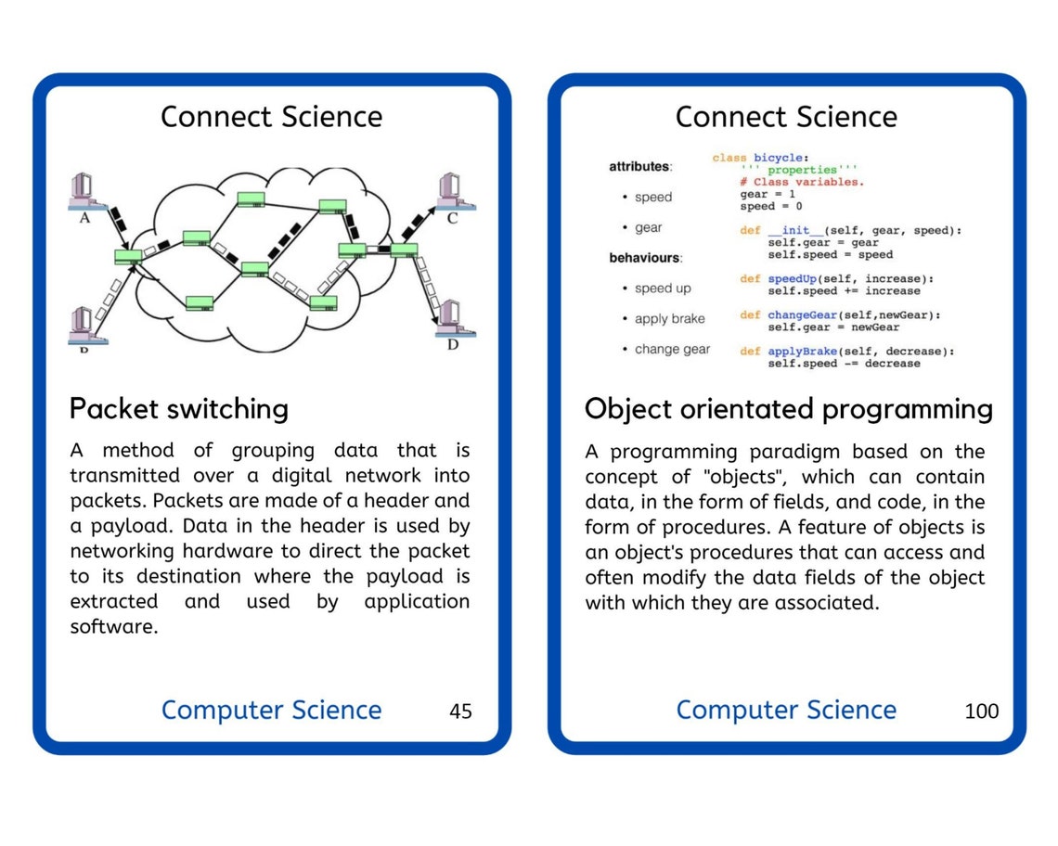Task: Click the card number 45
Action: pyautogui.click(x=460, y=711)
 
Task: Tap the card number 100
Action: pyautogui.click(x=982, y=711)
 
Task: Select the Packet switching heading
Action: pyautogui.click(x=179, y=409)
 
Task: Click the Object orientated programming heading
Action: pyautogui.click(x=788, y=409)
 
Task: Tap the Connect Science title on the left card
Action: pyautogui.click(x=271, y=117)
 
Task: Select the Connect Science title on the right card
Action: pyautogui.click(x=786, y=117)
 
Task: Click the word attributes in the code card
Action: pyautogui.click(x=639, y=167)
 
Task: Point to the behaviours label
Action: pyautogui.click(x=645, y=257)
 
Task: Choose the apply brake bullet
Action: pyautogui.click(x=669, y=319)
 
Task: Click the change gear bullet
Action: pyautogui.click(x=672, y=350)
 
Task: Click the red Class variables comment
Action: pyautogui.click(x=802, y=182)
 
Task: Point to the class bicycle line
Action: pyautogui.click(x=760, y=159)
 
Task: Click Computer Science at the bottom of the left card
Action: pyautogui.click(x=271, y=711)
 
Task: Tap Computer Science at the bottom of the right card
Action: pyautogui.click(x=786, y=711)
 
